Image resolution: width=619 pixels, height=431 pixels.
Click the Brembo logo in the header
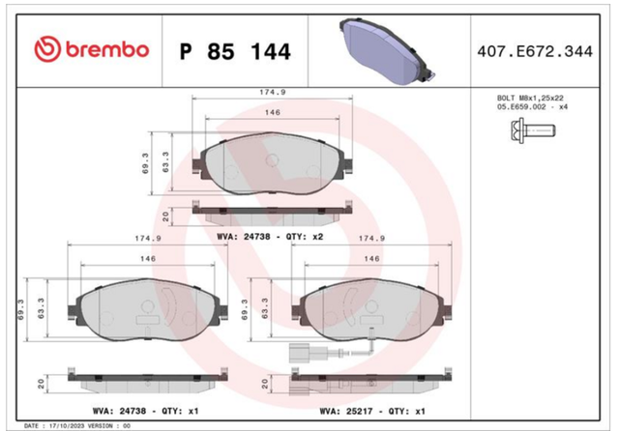[x=92, y=49]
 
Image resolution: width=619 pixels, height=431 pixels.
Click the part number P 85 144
[x=235, y=51]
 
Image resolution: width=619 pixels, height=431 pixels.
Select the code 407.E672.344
[x=535, y=51]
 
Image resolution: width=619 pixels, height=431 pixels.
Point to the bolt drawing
[x=533, y=129]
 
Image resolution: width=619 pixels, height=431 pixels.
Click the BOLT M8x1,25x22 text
[x=530, y=98]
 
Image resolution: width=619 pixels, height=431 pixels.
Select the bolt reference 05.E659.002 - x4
[x=532, y=107]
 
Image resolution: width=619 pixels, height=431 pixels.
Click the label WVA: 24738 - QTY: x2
[x=270, y=237]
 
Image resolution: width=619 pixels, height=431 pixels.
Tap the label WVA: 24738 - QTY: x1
[x=146, y=411]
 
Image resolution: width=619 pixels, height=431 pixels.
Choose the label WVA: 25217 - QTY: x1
[x=372, y=412]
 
